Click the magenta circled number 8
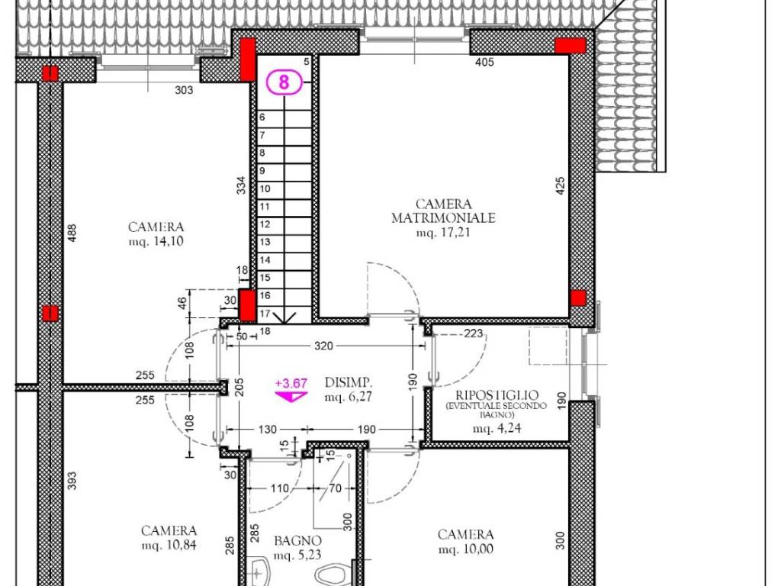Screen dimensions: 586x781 [284, 82]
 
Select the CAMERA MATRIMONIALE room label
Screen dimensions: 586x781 [443, 211]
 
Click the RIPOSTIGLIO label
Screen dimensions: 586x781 [497, 395]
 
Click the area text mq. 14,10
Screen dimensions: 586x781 [156, 241]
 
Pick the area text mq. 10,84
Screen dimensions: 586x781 [169, 545]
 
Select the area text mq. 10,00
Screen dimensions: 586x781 [465, 549]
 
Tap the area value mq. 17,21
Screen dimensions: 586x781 [443, 233]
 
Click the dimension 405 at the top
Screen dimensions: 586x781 [484, 62]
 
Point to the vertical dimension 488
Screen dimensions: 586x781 [72, 232]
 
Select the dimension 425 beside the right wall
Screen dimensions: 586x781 [561, 188]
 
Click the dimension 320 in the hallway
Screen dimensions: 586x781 [324, 346]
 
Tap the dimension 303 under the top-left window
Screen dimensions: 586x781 [184, 90]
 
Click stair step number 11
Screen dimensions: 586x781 [265, 206]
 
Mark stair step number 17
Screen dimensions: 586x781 [265, 313]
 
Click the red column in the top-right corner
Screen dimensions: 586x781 [570, 46]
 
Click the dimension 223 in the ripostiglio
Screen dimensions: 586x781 [474, 333]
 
